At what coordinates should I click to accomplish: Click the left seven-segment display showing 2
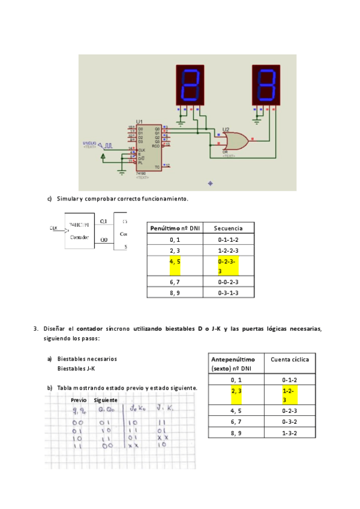click(x=191, y=84)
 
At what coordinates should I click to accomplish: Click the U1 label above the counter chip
click(x=140, y=122)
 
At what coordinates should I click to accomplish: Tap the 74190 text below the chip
click(x=142, y=173)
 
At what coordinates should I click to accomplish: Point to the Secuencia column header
click(x=228, y=228)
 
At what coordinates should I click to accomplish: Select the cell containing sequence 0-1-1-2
click(x=228, y=239)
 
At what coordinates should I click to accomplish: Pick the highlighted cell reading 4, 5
click(x=175, y=262)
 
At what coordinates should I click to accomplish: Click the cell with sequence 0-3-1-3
click(x=228, y=292)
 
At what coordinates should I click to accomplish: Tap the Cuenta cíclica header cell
click(x=290, y=359)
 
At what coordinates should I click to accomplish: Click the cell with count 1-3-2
click(x=290, y=432)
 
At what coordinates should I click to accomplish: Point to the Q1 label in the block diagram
click(x=104, y=221)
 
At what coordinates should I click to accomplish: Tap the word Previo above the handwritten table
click(x=79, y=400)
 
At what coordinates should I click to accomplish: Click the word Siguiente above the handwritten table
click(x=106, y=400)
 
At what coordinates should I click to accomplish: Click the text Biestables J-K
click(x=76, y=369)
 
